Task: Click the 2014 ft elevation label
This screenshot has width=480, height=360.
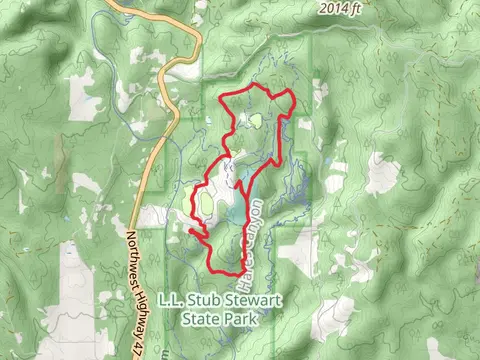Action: click(340, 8)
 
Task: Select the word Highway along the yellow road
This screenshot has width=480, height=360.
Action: click(136, 300)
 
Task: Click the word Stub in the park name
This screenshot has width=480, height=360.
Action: click(195, 299)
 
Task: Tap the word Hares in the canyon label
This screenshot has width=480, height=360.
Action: click(243, 258)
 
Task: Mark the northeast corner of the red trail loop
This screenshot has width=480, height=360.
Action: click(291, 94)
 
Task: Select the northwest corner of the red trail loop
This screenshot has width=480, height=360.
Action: click(221, 98)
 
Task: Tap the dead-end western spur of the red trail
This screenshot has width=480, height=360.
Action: click(189, 230)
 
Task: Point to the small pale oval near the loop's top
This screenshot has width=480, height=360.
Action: click(256, 122)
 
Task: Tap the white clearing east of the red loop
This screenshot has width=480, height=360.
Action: click(381, 175)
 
